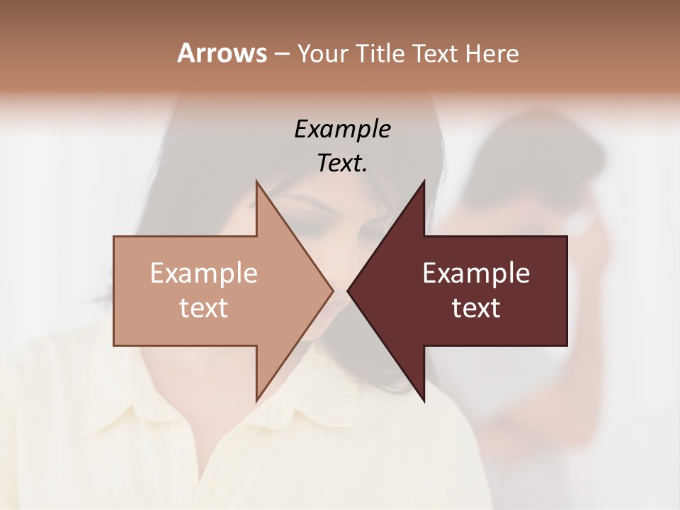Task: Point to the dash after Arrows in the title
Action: click(x=281, y=54)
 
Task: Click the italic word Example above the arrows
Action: click(x=342, y=130)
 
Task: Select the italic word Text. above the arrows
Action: click(x=342, y=164)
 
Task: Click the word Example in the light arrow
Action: click(x=204, y=273)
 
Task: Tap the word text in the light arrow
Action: click(x=204, y=308)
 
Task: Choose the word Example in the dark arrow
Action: click(x=476, y=273)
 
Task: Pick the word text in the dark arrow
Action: click(x=476, y=308)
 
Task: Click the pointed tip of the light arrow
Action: click(x=331, y=290)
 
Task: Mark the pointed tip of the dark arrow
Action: click(x=348, y=290)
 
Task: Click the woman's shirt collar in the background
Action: click(x=142, y=425)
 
